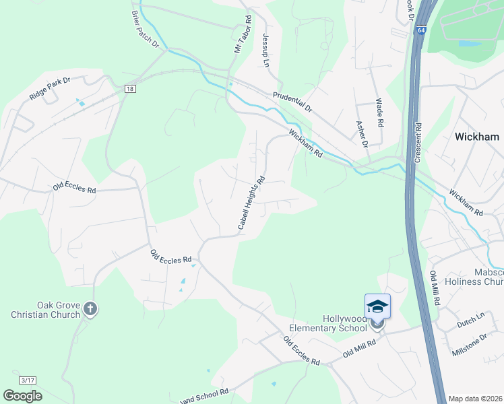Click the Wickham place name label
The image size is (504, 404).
pos(477,137)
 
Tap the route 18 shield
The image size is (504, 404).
pos(130,89)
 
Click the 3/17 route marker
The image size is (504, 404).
pos(28,380)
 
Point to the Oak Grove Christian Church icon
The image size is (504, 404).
pos(91,309)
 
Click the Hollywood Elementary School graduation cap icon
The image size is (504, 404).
pos(377,306)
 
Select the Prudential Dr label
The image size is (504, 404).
pos(293,102)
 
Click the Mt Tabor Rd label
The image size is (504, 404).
pos(242,35)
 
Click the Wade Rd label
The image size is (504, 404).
pos(379,113)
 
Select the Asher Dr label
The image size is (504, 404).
pos(361,134)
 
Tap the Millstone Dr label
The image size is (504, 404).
pos(469,345)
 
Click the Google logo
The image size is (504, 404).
pos(22,396)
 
